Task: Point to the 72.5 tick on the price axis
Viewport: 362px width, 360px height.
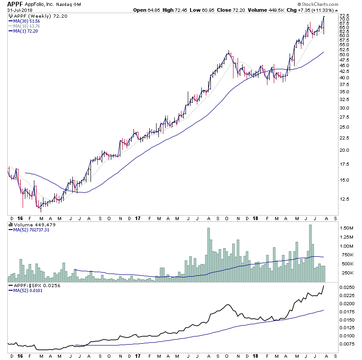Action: tap(345, 16)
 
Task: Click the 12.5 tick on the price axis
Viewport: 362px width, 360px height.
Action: tap(345, 199)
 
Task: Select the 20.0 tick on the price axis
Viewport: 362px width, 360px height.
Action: tap(345, 150)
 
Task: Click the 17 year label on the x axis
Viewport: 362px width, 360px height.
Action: tap(138, 217)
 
